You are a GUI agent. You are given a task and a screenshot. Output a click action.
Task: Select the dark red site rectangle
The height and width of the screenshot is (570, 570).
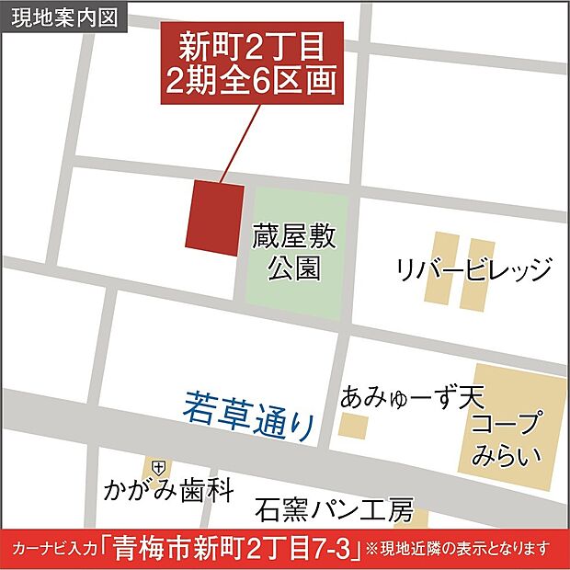tap(215, 217)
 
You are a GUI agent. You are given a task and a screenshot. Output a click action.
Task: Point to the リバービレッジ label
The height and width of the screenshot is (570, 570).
tap(473, 270)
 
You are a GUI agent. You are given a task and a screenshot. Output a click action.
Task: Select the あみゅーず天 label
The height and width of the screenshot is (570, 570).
tap(411, 397)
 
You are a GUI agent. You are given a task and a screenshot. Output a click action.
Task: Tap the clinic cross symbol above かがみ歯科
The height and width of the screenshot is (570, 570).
tap(159, 465)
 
